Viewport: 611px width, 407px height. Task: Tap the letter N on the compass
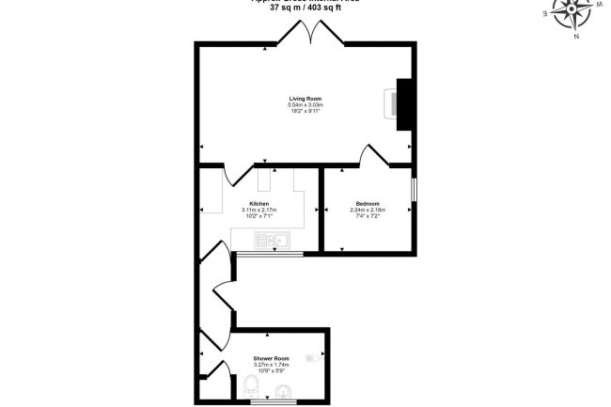pyautogui.click(x=576, y=37)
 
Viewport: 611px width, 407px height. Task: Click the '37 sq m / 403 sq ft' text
pyautogui.click(x=305, y=9)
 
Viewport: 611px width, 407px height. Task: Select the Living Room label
pyautogui.click(x=305, y=97)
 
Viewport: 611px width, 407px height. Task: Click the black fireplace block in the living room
pyautogui.click(x=405, y=102)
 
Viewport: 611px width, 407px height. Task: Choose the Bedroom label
pyautogui.click(x=368, y=204)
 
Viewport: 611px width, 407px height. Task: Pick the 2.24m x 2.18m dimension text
pyautogui.click(x=368, y=211)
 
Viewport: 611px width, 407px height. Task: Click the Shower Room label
pyautogui.click(x=271, y=358)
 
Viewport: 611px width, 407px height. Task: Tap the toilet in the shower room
pyautogui.click(x=249, y=385)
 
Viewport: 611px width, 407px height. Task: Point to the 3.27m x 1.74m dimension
pyautogui.click(x=271, y=365)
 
